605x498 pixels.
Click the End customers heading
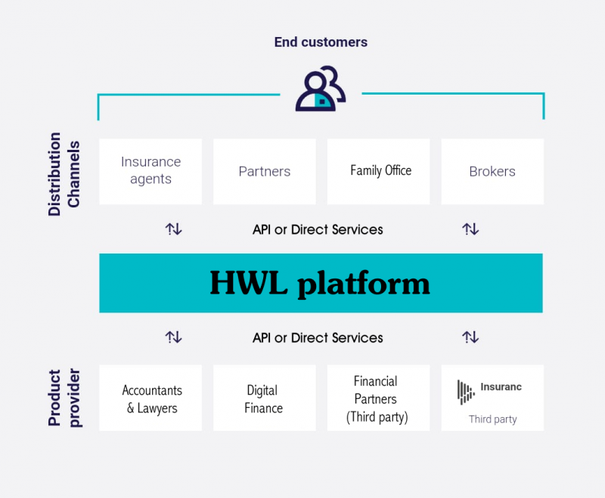[321, 42]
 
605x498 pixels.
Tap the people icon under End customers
[321, 89]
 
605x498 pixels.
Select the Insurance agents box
[150, 171]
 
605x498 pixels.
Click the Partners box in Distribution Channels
[264, 171]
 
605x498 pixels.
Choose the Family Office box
[378, 171]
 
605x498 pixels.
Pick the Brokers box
[492, 171]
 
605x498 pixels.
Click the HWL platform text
[320, 284]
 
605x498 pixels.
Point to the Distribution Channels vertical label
[64, 174]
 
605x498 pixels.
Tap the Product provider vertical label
[64, 397]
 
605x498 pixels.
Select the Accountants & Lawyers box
[150, 397]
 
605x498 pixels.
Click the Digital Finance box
[264, 397]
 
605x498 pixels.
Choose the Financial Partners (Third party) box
[378, 397]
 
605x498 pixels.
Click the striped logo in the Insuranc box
[466, 392]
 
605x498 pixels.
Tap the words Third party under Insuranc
[493, 419]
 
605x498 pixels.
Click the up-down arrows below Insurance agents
[174, 229]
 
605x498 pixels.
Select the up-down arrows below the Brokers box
[470, 229]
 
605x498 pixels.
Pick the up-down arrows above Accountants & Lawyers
[174, 337]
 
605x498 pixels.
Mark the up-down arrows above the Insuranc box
[470, 337]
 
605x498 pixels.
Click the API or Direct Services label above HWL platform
[318, 229]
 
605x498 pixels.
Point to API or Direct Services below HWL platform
[318, 338]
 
